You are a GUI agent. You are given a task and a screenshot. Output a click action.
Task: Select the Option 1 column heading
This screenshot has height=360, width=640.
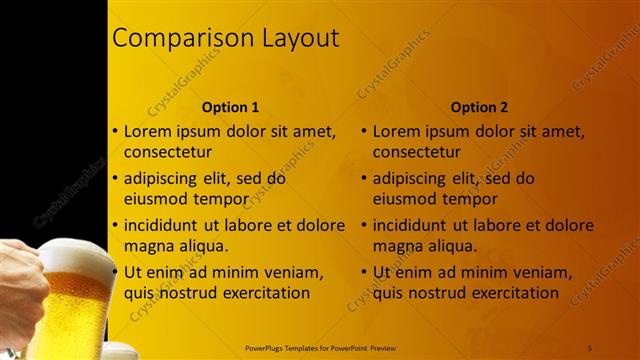pos(230,107)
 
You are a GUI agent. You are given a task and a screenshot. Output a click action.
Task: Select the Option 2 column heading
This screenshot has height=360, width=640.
pos(479,107)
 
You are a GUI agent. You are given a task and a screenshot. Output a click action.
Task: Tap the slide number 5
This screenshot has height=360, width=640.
pos(591,346)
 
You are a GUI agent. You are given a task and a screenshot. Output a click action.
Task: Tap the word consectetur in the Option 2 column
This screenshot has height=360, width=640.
pos(417,153)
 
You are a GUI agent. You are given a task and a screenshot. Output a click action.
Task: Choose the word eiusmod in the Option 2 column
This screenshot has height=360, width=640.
pos(406,198)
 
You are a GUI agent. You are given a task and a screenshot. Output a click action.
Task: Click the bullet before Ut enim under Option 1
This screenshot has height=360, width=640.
pos(115,271)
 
